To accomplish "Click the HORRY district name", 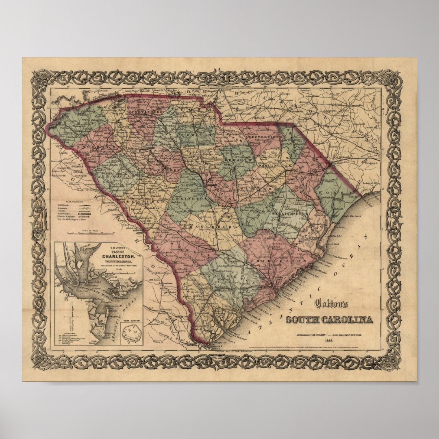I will pyautogui.click(x=332, y=191).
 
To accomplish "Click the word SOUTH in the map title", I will pyautogui.click(x=303, y=319).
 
